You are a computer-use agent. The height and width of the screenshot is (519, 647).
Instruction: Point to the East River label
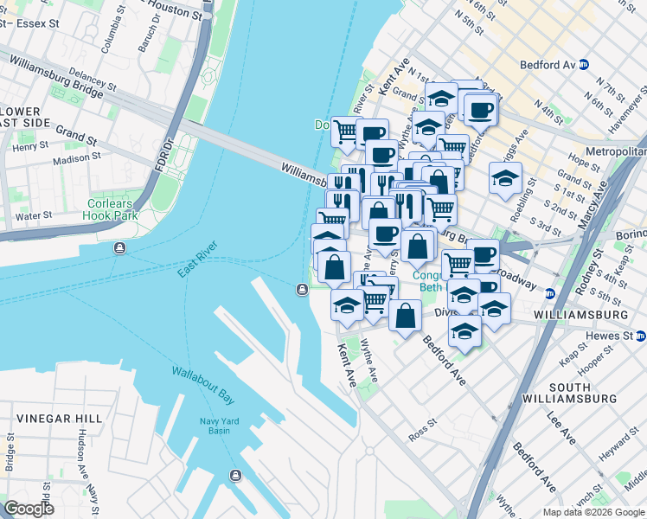[x=196, y=259]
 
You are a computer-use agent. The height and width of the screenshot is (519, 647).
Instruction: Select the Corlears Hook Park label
[x=112, y=210]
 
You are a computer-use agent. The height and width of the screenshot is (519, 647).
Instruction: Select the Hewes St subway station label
[x=612, y=336]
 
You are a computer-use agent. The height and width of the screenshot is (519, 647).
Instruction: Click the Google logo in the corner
[x=29, y=508]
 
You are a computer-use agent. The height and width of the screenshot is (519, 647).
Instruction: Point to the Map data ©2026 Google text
[x=593, y=512]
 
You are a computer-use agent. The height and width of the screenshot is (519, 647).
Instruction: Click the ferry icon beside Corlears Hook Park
[x=120, y=249]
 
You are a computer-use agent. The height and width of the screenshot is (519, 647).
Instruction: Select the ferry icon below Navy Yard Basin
[x=234, y=475]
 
